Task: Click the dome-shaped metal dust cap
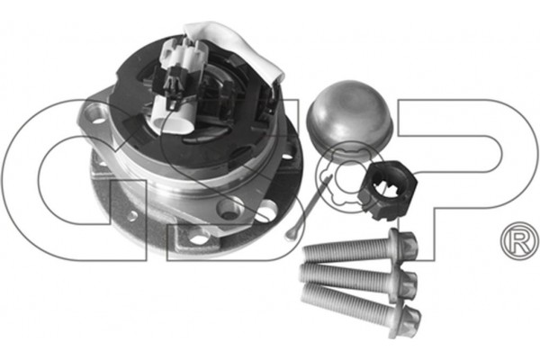click(x=348, y=119)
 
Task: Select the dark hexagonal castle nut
click(x=387, y=191)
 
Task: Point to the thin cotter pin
click(x=308, y=208)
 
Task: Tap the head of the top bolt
click(x=403, y=244)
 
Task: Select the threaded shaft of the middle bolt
click(x=344, y=276)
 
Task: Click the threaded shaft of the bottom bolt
click(x=346, y=301)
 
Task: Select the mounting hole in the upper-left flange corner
click(x=96, y=113)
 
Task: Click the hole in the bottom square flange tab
click(x=200, y=237)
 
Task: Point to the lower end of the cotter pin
click(x=288, y=236)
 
